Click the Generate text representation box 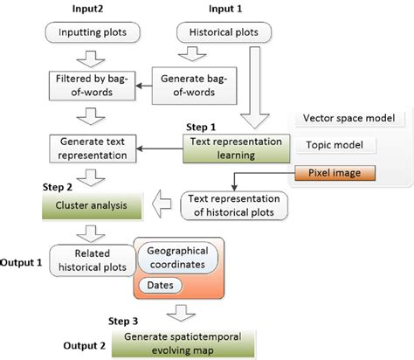[x=85, y=146]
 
